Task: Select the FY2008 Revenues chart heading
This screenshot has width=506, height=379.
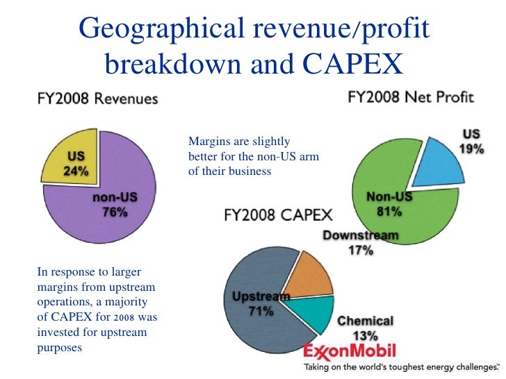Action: point(97,99)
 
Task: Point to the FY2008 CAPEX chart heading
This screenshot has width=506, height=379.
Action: point(278,214)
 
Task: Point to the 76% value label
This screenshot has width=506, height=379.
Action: point(115,212)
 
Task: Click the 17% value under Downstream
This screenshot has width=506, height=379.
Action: point(361,251)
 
